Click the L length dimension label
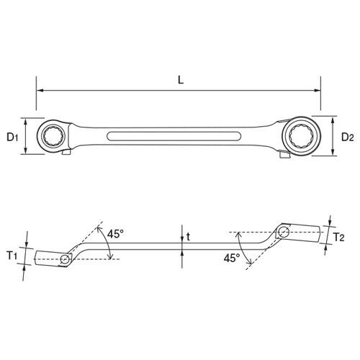[181, 80]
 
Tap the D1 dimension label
[12, 138]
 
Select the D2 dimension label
[347, 137]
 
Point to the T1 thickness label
[12, 256]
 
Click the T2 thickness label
[339, 237]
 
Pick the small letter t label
[188, 236]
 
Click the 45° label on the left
[115, 234]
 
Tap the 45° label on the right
[232, 258]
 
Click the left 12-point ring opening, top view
[53, 136]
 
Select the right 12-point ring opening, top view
[302, 136]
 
